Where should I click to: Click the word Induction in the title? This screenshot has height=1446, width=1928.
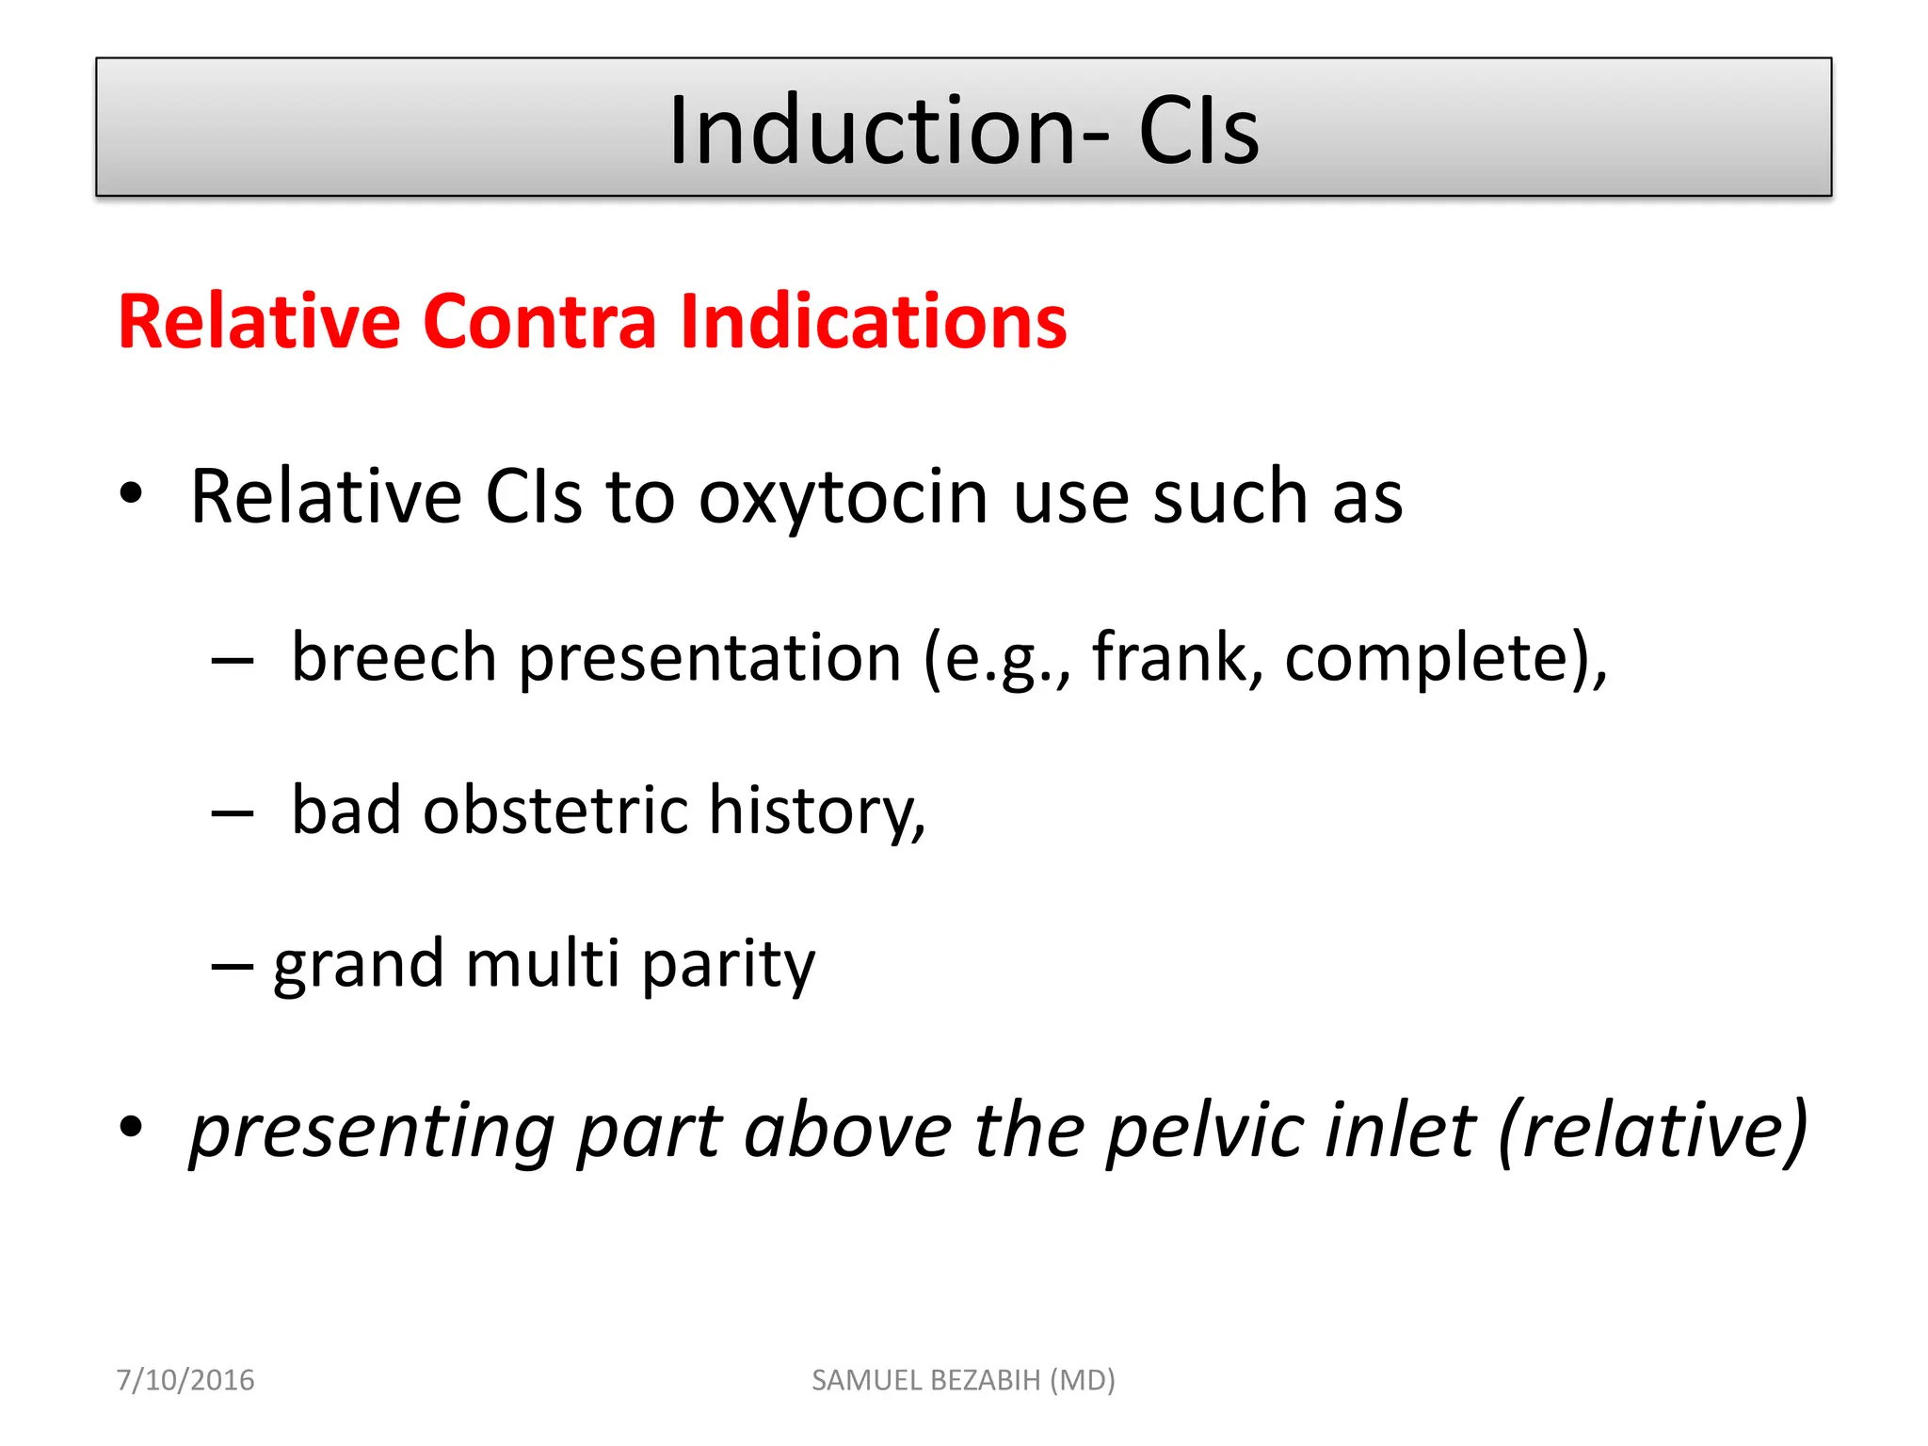point(872,131)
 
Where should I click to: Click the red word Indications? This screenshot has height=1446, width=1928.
point(873,322)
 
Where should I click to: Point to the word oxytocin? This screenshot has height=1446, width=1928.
point(843,497)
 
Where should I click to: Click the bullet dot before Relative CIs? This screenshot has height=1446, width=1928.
point(131,493)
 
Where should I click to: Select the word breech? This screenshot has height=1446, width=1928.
point(394,657)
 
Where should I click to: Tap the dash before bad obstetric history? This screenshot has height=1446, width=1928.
point(233,813)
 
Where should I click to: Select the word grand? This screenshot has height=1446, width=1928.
point(359,966)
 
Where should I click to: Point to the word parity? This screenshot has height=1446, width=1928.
point(728,966)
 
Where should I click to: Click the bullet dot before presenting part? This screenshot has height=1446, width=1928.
point(131,1126)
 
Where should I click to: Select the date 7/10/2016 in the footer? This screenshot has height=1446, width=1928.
point(185,1380)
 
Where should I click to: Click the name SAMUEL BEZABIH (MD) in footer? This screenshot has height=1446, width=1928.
point(963,1380)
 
